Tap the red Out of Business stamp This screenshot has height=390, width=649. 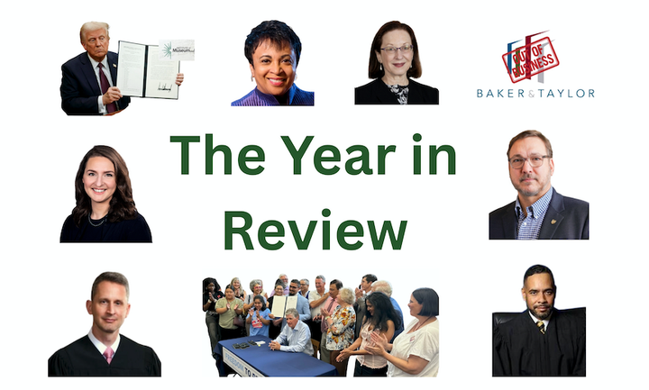click(531, 58)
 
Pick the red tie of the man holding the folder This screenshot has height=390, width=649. click(104, 79)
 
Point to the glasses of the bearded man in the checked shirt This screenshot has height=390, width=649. click(529, 160)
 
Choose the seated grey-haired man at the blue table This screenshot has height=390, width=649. click(293, 333)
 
